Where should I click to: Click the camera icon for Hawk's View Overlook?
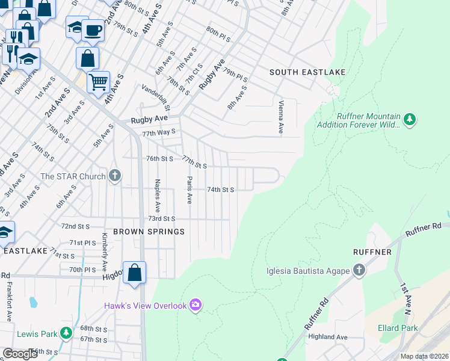[x=195, y=306]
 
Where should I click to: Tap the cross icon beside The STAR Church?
[x=115, y=176]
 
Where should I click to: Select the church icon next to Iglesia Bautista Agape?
[x=359, y=270]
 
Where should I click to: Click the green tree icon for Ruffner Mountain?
[x=410, y=120]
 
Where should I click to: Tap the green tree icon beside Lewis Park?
[x=66, y=333]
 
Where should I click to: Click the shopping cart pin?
[x=98, y=81]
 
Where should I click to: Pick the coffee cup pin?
[x=92, y=29]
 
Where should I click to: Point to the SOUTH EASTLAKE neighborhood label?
[x=307, y=72]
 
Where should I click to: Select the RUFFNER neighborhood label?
[x=373, y=251]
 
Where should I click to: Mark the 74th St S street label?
[x=220, y=190]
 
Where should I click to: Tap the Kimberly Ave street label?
[x=104, y=252]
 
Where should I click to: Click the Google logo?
[x=20, y=354]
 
